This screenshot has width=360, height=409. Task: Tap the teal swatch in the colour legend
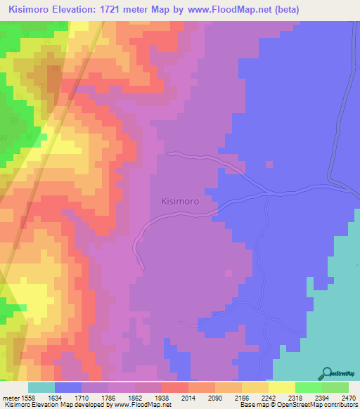point(41,387)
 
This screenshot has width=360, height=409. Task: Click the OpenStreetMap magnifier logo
point(326,373)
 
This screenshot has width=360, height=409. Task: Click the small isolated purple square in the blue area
point(268,164)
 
